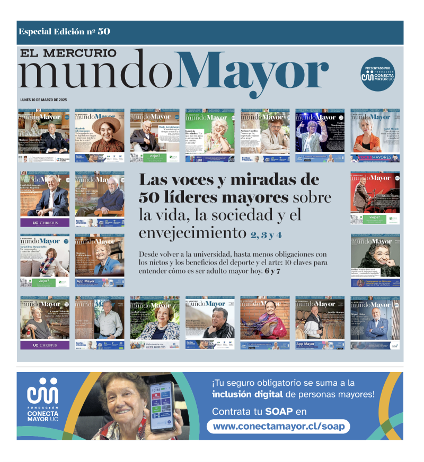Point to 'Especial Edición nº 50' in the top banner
(x=64, y=31)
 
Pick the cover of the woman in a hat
(x=99, y=134)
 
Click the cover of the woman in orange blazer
(x=375, y=134)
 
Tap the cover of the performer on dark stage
(x=320, y=134)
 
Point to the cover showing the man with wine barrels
(x=320, y=322)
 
